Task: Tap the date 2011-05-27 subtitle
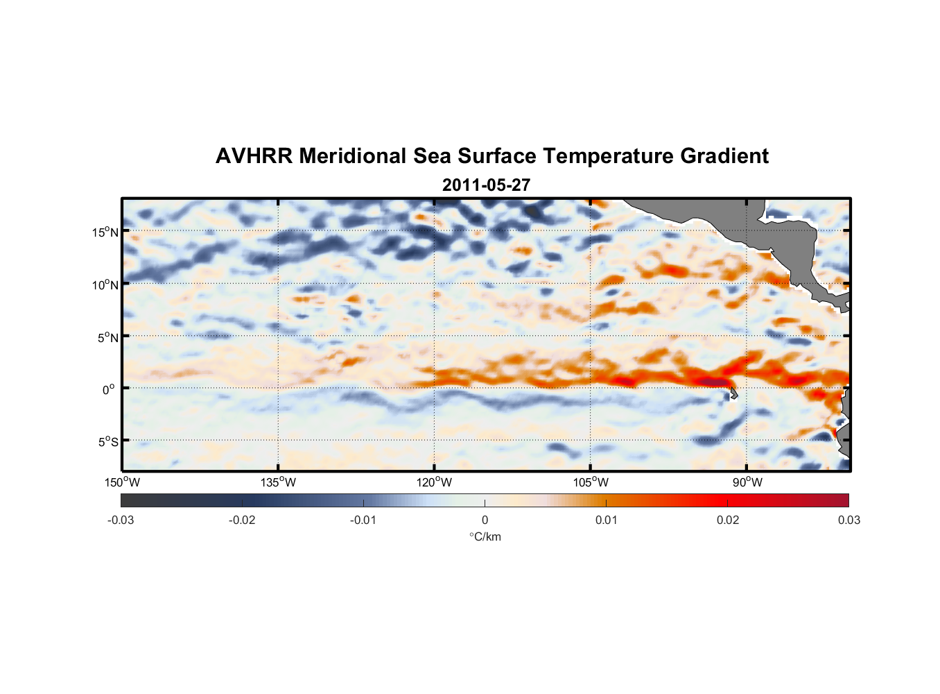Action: pyautogui.click(x=486, y=185)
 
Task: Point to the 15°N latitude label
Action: pyautogui.click(x=105, y=232)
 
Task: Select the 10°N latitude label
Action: pyautogui.click(x=105, y=285)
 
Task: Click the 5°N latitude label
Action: pyautogui.click(x=107, y=337)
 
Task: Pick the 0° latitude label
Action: pyautogui.click(x=109, y=389)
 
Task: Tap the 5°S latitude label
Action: pyautogui.click(x=107, y=442)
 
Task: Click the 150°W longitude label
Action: pyautogui.click(x=123, y=482)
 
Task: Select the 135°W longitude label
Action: pyautogui.click(x=279, y=482)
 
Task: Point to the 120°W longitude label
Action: pyautogui.click(x=435, y=482)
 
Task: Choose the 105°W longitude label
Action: pyautogui.click(x=591, y=482)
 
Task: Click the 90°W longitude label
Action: pyautogui.click(x=747, y=482)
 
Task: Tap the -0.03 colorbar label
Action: pyautogui.click(x=121, y=520)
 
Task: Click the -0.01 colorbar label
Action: pyautogui.click(x=363, y=520)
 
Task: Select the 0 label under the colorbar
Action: pyautogui.click(x=485, y=520)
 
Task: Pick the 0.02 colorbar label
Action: pyautogui.click(x=728, y=520)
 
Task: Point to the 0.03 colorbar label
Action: pyautogui.click(x=848, y=520)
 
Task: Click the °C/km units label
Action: pyautogui.click(x=485, y=536)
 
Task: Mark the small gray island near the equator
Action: pyautogui.click(x=733, y=393)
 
